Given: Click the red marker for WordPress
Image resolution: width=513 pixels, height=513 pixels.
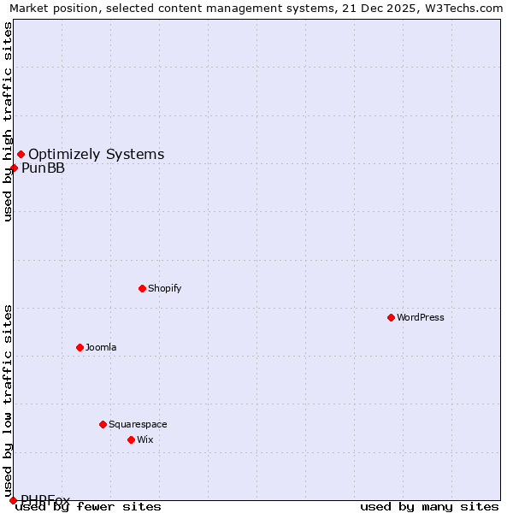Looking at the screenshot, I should pyautogui.click(x=391, y=317).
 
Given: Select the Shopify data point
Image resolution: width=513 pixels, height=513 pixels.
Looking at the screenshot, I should pyautogui.click(x=142, y=288).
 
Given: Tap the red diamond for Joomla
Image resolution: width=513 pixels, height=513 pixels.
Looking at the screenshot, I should pyautogui.click(x=80, y=347).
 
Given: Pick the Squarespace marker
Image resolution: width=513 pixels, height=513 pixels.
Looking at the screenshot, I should pyautogui.click(x=103, y=424).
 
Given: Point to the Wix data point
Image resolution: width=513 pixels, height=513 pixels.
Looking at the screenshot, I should pyautogui.click(x=131, y=439).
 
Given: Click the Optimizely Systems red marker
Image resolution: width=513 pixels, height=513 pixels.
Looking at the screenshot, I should pyautogui.click(x=21, y=154).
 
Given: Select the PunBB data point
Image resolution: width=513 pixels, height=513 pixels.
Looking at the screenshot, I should pyautogui.click(x=14, y=168).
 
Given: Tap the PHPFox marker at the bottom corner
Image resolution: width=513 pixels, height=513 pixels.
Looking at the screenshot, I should pyautogui.click(x=13, y=500).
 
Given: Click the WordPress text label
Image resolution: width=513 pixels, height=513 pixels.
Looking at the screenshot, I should pyautogui.click(x=420, y=317).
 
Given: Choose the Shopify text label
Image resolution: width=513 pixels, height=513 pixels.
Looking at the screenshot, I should pyautogui.click(x=164, y=288).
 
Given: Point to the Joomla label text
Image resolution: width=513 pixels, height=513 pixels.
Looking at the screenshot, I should pyautogui.click(x=100, y=347).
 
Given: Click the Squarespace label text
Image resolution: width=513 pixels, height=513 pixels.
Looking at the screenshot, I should pyautogui.click(x=138, y=424).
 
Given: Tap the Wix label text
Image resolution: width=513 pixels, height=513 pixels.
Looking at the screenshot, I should pyautogui.click(x=144, y=439).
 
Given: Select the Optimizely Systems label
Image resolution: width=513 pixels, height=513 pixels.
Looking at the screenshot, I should pyautogui.click(x=96, y=154).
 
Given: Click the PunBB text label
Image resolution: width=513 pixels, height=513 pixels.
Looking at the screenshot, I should pyautogui.click(x=43, y=168).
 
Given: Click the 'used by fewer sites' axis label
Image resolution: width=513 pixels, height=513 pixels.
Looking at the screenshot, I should pyautogui.click(x=88, y=507).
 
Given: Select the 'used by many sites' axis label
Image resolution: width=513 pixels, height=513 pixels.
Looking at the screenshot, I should pyautogui.click(x=429, y=507).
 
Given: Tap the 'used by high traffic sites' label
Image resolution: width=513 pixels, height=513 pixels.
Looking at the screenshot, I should pyautogui.click(x=8, y=121).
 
